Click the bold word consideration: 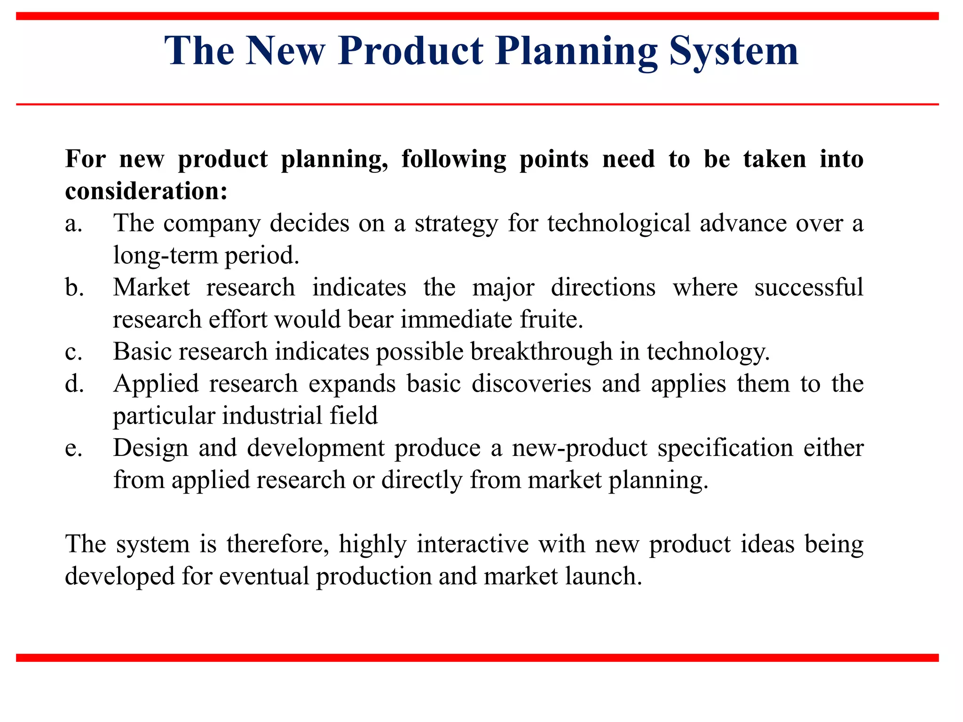point(146,191)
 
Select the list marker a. point(74,224)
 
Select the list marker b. point(74,287)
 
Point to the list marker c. point(73,352)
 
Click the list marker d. point(74,384)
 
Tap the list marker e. point(73,448)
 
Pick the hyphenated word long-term point(166,256)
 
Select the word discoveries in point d point(531,384)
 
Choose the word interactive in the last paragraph point(473,544)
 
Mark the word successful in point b point(809,287)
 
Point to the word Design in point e point(150,448)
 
